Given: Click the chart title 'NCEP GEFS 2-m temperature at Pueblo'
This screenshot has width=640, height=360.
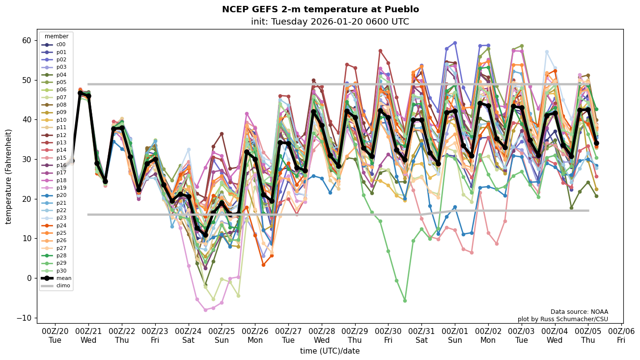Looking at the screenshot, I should point(320,9).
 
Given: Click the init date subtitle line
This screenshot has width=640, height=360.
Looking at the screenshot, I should point(330,22).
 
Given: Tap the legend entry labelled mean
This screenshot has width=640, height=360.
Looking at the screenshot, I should point(57,278).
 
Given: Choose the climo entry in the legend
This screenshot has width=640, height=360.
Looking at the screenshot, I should point(57,285).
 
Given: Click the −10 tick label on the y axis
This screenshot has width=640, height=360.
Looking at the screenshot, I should point(24,318).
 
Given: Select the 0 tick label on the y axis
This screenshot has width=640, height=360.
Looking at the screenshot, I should point(29,278).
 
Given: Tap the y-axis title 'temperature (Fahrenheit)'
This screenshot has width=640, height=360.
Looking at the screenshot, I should point(8,176).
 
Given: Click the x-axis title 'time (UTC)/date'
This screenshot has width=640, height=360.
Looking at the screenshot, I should point(330,351).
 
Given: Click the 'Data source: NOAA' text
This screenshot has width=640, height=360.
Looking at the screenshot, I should point(579,311).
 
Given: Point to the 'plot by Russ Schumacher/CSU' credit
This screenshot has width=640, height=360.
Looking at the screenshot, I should point(562,319).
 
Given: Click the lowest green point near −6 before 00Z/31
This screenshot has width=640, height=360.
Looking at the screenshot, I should point(405,301).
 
